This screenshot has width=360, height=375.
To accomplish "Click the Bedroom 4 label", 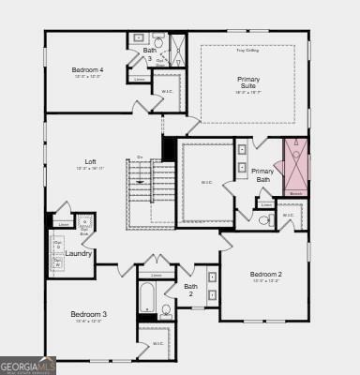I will point(87,69).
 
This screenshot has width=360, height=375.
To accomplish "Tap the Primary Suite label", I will point(248,82).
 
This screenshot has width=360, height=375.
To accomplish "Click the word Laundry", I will point(78,253).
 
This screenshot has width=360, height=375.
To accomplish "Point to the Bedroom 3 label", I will point(89,314).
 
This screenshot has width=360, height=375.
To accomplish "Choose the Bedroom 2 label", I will point(265,274).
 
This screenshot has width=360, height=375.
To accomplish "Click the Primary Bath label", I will point(262,174).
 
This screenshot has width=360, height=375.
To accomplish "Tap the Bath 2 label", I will point(190,290).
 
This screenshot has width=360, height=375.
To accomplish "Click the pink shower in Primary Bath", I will point(296,167).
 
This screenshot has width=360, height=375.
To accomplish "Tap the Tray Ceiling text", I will point(247,50).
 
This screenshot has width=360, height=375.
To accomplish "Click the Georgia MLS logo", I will point(27,364).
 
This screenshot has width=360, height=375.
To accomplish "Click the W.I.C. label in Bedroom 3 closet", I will point(157,343).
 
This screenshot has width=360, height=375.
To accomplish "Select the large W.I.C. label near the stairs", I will point(206,182).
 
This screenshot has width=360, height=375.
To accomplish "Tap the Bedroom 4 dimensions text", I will point(87,77).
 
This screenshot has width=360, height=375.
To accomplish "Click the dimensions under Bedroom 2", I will point(265,281).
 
